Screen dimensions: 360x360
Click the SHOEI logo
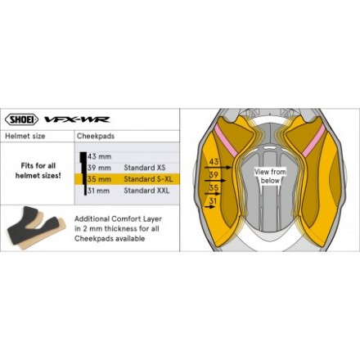(x=21, y=119)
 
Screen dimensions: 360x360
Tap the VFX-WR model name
(x=77, y=119)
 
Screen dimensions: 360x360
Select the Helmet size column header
(x=25, y=136)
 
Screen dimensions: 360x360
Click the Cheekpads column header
(x=96, y=136)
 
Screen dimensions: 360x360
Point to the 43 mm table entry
(x=99, y=156)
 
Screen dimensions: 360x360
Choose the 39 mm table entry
(x=99, y=168)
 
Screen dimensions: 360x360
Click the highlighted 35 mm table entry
(x=99, y=179)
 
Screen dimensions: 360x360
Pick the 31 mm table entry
(x=99, y=191)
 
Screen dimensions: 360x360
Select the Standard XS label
(x=145, y=168)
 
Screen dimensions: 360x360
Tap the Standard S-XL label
(x=148, y=179)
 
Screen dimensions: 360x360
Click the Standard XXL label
(x=146, y=191)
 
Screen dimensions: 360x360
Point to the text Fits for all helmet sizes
(x=38, y=170)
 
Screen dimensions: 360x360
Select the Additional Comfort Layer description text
(x=118, y=228)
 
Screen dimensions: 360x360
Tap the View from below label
(x=270, y=176)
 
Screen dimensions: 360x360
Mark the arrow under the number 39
(x=215, y=181)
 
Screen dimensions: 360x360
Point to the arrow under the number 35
(x=213, y=194)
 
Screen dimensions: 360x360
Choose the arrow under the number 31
(x=209, y=207)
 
